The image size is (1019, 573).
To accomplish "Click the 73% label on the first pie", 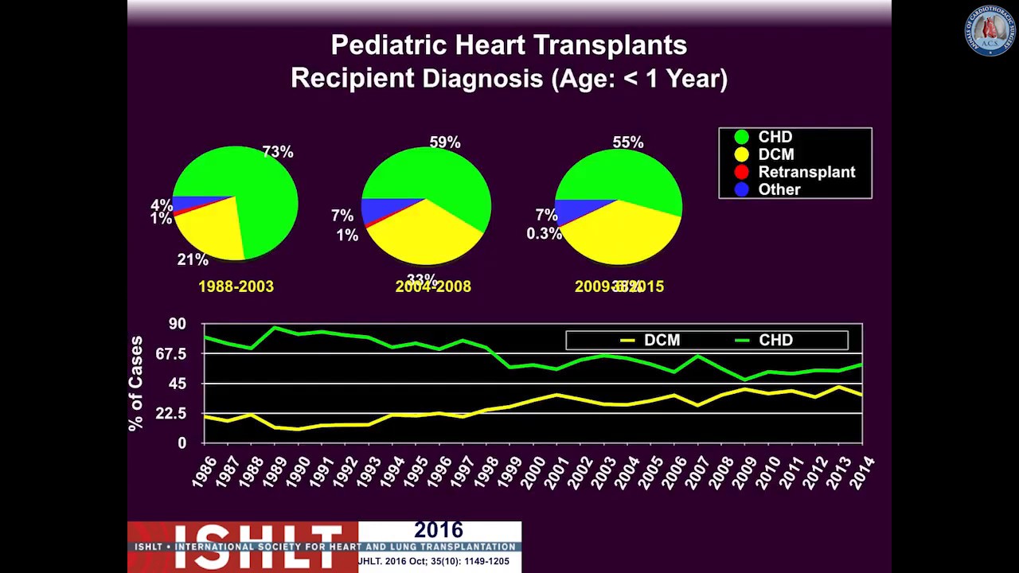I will (x=277, y=151).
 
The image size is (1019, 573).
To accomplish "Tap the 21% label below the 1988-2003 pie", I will (x=193, y=259).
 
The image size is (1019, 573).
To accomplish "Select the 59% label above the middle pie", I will (x=444, y=142).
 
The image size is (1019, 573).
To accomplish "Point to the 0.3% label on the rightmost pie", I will (x=544, y=233).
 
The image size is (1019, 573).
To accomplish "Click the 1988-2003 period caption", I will (x=236, y=286).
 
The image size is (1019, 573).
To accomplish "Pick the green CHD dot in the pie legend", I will (x=741, y=138).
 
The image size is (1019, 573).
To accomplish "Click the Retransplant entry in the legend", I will (x=806, y=172).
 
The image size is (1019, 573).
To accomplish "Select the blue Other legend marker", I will (x=741, y=189).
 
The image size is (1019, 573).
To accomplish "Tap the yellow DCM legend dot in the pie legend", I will (x=741, y=154).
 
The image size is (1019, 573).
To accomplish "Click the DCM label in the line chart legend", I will (x=662, y=341).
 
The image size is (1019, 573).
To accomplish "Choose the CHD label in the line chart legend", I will (x=775, y=341).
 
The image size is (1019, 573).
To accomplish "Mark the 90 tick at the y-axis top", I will (x=177, y=324).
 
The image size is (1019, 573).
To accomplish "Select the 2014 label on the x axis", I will (x=863, y=472).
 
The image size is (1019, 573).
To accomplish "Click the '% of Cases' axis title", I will (x=137, y=384).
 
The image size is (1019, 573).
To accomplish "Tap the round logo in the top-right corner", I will (x=990, y=32).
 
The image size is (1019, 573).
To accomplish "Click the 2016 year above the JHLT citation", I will (x=438, y=531).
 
